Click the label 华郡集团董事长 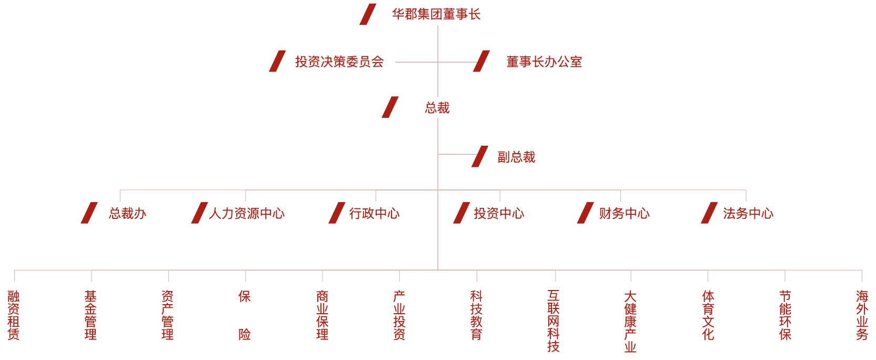pyautogui.click(x=436, y=14)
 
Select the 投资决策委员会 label pyautogui.click(x=339, y=62)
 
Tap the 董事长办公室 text pyautogui.click(x=544, y=62)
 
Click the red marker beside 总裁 pyautogui.click(x=389, y=107)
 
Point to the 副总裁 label pyautogui.click(x=516, y=157)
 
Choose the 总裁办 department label pyautogui.click(x=127, y=213)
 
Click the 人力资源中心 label pyautogui.click(x=247, y=213)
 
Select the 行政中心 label pyautogui.click(x=374, y=213)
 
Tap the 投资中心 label pyautogui.click(x=499, y=213)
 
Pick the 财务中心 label pyautogui.click(x=624, y=213)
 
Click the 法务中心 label pyautogui.click(x=748, y=213)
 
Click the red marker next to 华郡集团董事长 pyautogui.click(x=367, y=14)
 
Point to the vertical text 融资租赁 pyautogui.click(x=14, y=315)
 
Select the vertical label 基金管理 pyautogui.click(x=90, y=315)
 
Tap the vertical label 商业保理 pyautogui.click(x=323, y=315)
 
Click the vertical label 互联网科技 pyautogui.click(x=553, y=321)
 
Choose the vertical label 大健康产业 pyautogui.click(x=630, y=321)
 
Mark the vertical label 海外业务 pyautogui.click(x=862, y=315)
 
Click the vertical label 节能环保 pyautogui.click(x=785, y=315)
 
